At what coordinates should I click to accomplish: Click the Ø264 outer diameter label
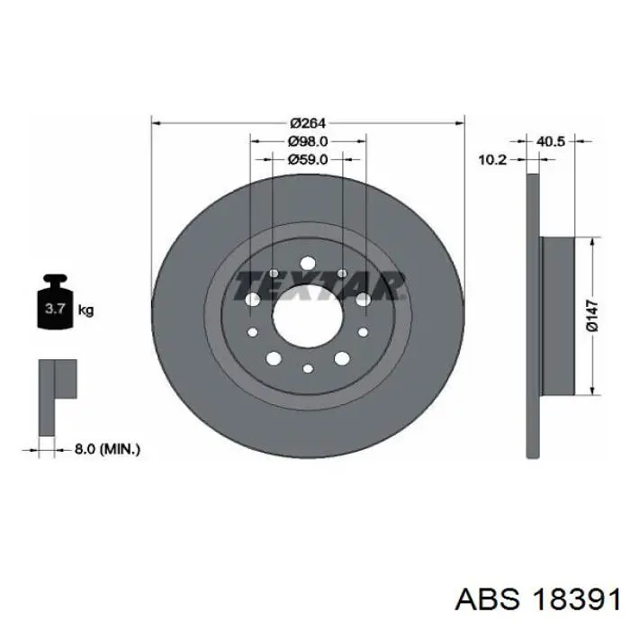click(308, 123)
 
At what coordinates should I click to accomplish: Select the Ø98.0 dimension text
click(308, 141)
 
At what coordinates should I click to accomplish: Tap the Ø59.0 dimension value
click(308, 160)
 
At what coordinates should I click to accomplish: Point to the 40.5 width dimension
click(551, 141)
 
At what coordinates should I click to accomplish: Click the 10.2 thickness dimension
click(492, 160)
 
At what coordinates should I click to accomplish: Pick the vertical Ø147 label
click(592, 316)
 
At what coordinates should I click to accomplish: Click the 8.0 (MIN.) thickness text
click(107, 449)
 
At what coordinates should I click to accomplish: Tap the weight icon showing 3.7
click(55, 301)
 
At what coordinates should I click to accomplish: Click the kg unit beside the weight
click(85, 310)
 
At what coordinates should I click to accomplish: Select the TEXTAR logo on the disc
click(319, 286)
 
